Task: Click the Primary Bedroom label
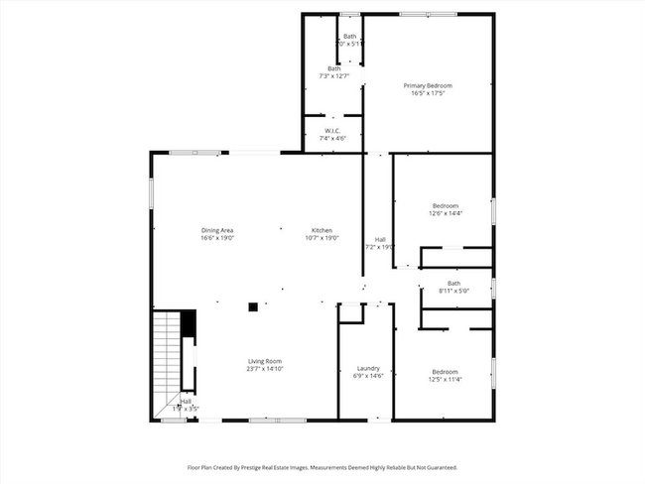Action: pos(428,86)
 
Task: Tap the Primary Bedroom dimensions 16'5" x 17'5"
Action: pos(428,93)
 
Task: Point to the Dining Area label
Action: pos(216,231)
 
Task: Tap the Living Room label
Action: pos(265,361)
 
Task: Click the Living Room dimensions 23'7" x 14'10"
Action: pos(265,368)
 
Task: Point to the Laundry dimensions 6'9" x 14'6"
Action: pos(367,376)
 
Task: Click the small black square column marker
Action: pos(253,307)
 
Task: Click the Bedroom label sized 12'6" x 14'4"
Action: pos(444,206)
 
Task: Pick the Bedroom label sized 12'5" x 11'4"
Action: pos(444,371)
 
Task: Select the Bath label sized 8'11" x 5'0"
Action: pos(453,284)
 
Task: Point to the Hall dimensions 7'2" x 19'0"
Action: pos(380,247)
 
